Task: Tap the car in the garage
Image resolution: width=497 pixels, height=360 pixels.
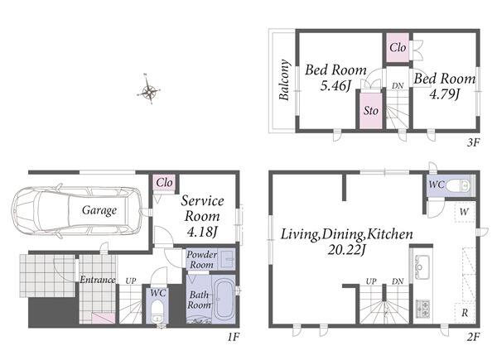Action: pos(76,210)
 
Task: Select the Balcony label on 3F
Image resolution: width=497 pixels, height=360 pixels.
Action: pos(284,79)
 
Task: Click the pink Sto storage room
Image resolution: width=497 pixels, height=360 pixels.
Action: pos(371,111)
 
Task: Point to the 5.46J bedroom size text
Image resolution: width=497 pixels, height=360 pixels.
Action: pos(335,86)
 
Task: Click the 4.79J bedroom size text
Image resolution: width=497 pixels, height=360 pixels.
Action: pos(444,94)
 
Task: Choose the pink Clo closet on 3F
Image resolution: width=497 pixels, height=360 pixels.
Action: pos(398,48)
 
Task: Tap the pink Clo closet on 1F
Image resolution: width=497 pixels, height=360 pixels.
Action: pos(164,183)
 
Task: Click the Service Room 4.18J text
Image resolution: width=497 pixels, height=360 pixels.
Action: pos(202,217)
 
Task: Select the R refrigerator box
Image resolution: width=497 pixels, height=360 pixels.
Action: pos(465,313)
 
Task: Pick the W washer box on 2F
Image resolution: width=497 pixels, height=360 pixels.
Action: pos(465,212)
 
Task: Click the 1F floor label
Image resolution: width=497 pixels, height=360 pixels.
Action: pos(233,337)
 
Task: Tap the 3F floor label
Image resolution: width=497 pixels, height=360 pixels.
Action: pos(473,142)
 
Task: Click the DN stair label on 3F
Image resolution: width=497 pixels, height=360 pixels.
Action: pos(398,86)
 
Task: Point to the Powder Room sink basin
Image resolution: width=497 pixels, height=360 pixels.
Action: pos(227,258)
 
